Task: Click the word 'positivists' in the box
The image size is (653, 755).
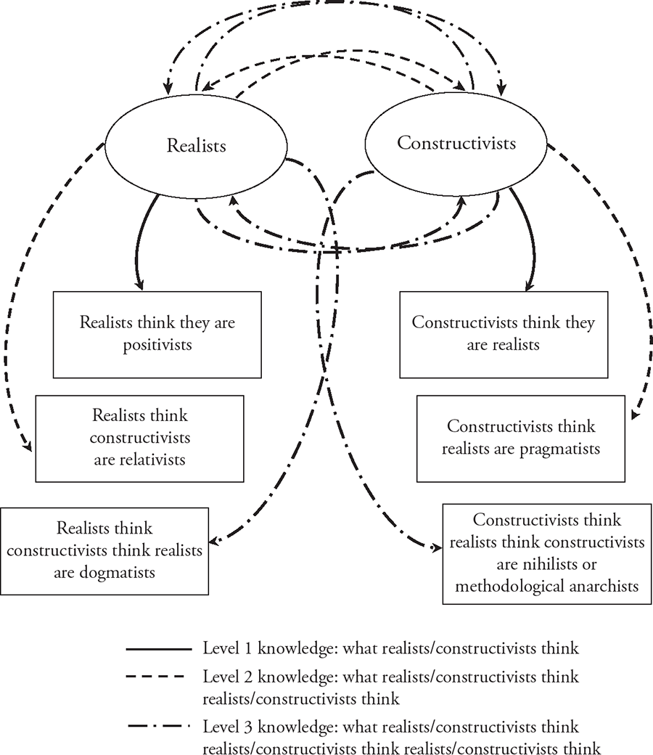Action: pyautogui.click(x=157, y=346)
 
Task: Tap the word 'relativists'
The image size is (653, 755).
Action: pyautogui.click(x=152, y=460)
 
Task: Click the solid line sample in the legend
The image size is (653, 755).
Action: pyautogui.click(x=159, y=649)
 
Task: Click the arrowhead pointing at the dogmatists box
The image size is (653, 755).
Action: pyautogui.click(x=214, y=541)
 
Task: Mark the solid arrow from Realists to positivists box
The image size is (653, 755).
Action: pyautogui.click(x=139, y=241)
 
